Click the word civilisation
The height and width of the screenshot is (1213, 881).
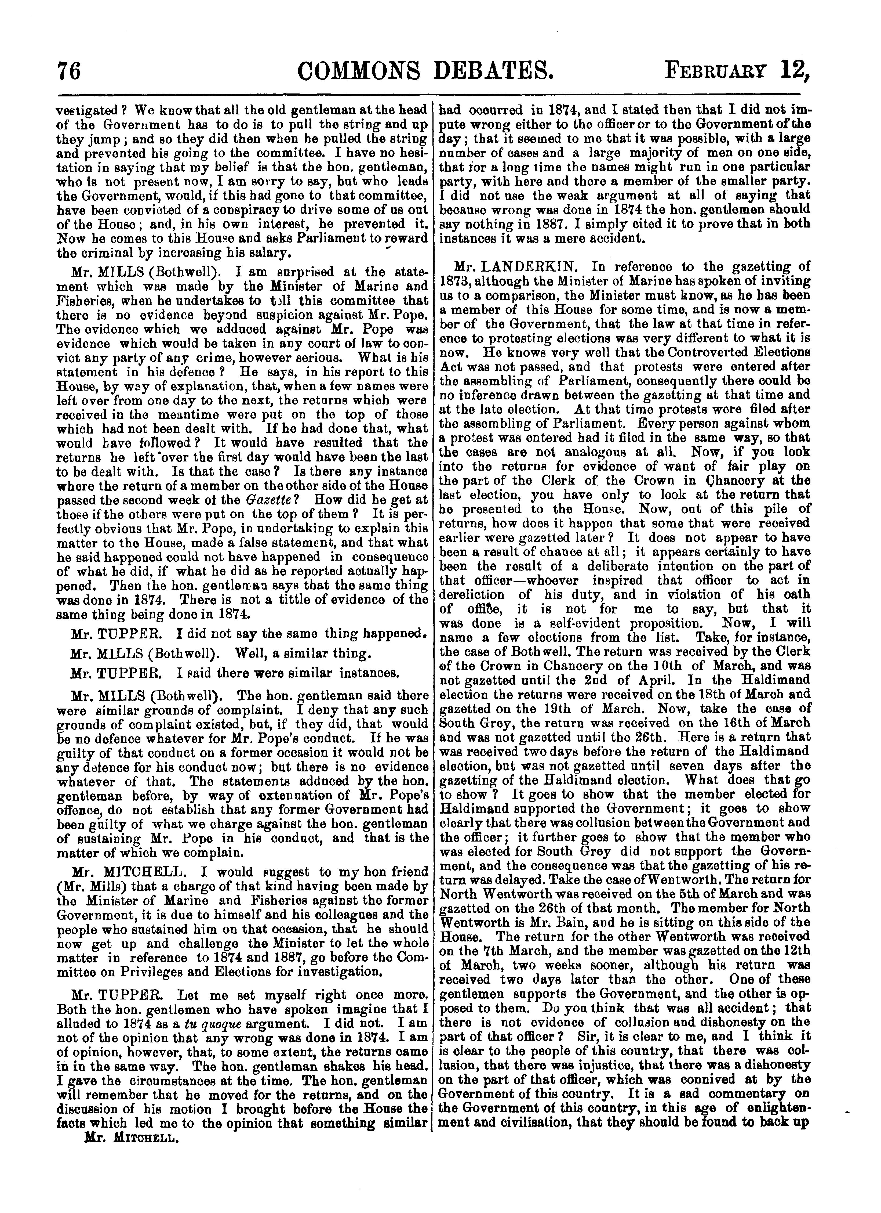[514, 1124]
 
